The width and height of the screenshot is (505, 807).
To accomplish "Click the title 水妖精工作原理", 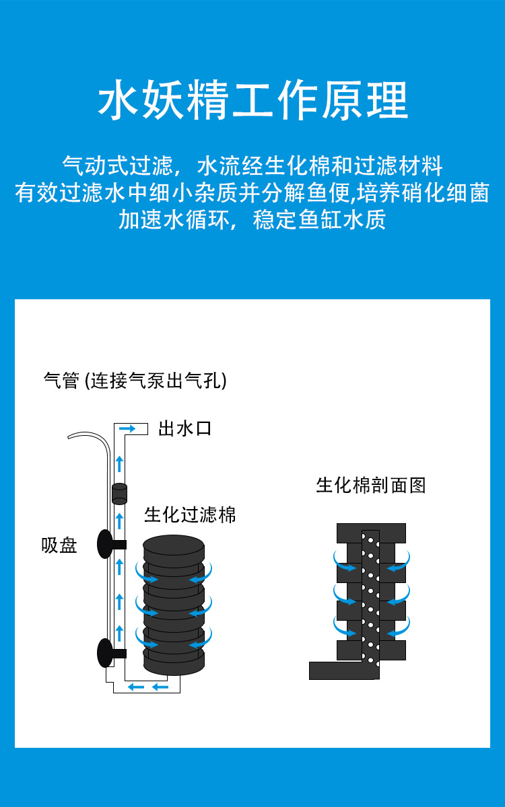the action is click(252, 101).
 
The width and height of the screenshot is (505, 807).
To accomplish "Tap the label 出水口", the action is click(184, 428).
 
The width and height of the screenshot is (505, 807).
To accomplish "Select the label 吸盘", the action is click(59, 545).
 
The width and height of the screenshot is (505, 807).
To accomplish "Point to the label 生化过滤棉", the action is click(190, 515).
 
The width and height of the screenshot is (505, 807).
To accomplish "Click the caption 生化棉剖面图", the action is click(371, 485).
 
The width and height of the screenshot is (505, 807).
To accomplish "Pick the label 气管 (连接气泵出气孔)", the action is click(135, 381).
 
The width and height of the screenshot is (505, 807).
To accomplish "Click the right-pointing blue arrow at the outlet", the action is click(127, 428).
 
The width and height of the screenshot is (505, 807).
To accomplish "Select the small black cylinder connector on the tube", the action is click(119, 493).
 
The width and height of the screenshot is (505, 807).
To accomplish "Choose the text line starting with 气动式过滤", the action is click(252, 165).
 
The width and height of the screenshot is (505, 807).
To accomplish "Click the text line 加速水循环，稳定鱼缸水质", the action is click(252, 220).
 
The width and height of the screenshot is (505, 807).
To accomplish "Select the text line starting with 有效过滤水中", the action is click(252, 193).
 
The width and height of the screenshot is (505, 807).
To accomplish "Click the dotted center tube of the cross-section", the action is click(370, 599).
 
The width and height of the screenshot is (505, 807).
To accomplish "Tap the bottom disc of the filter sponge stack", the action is click(174, 662).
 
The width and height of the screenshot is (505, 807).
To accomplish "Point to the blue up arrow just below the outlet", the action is click(119, 463).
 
